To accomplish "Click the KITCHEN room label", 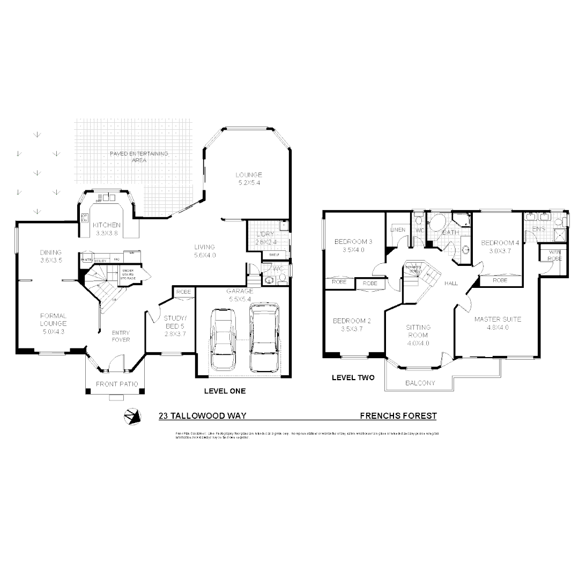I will (107, 225).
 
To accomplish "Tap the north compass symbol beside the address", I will (131, 417).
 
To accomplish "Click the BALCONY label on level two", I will (420, 383).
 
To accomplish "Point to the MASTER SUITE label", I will (498, 319).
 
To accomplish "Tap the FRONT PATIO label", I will (117, 384).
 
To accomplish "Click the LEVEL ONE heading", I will (225, 391).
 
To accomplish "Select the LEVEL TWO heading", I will (353, 377).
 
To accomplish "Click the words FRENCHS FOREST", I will (398, 415).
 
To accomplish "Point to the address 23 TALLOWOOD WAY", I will (202, 415).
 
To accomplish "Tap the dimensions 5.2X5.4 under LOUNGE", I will (249, 183).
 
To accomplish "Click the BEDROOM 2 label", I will (352, 321).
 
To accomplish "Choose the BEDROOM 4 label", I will (500, 243).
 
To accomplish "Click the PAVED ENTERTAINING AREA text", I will (139, 157).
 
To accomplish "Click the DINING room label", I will (50, 253).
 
